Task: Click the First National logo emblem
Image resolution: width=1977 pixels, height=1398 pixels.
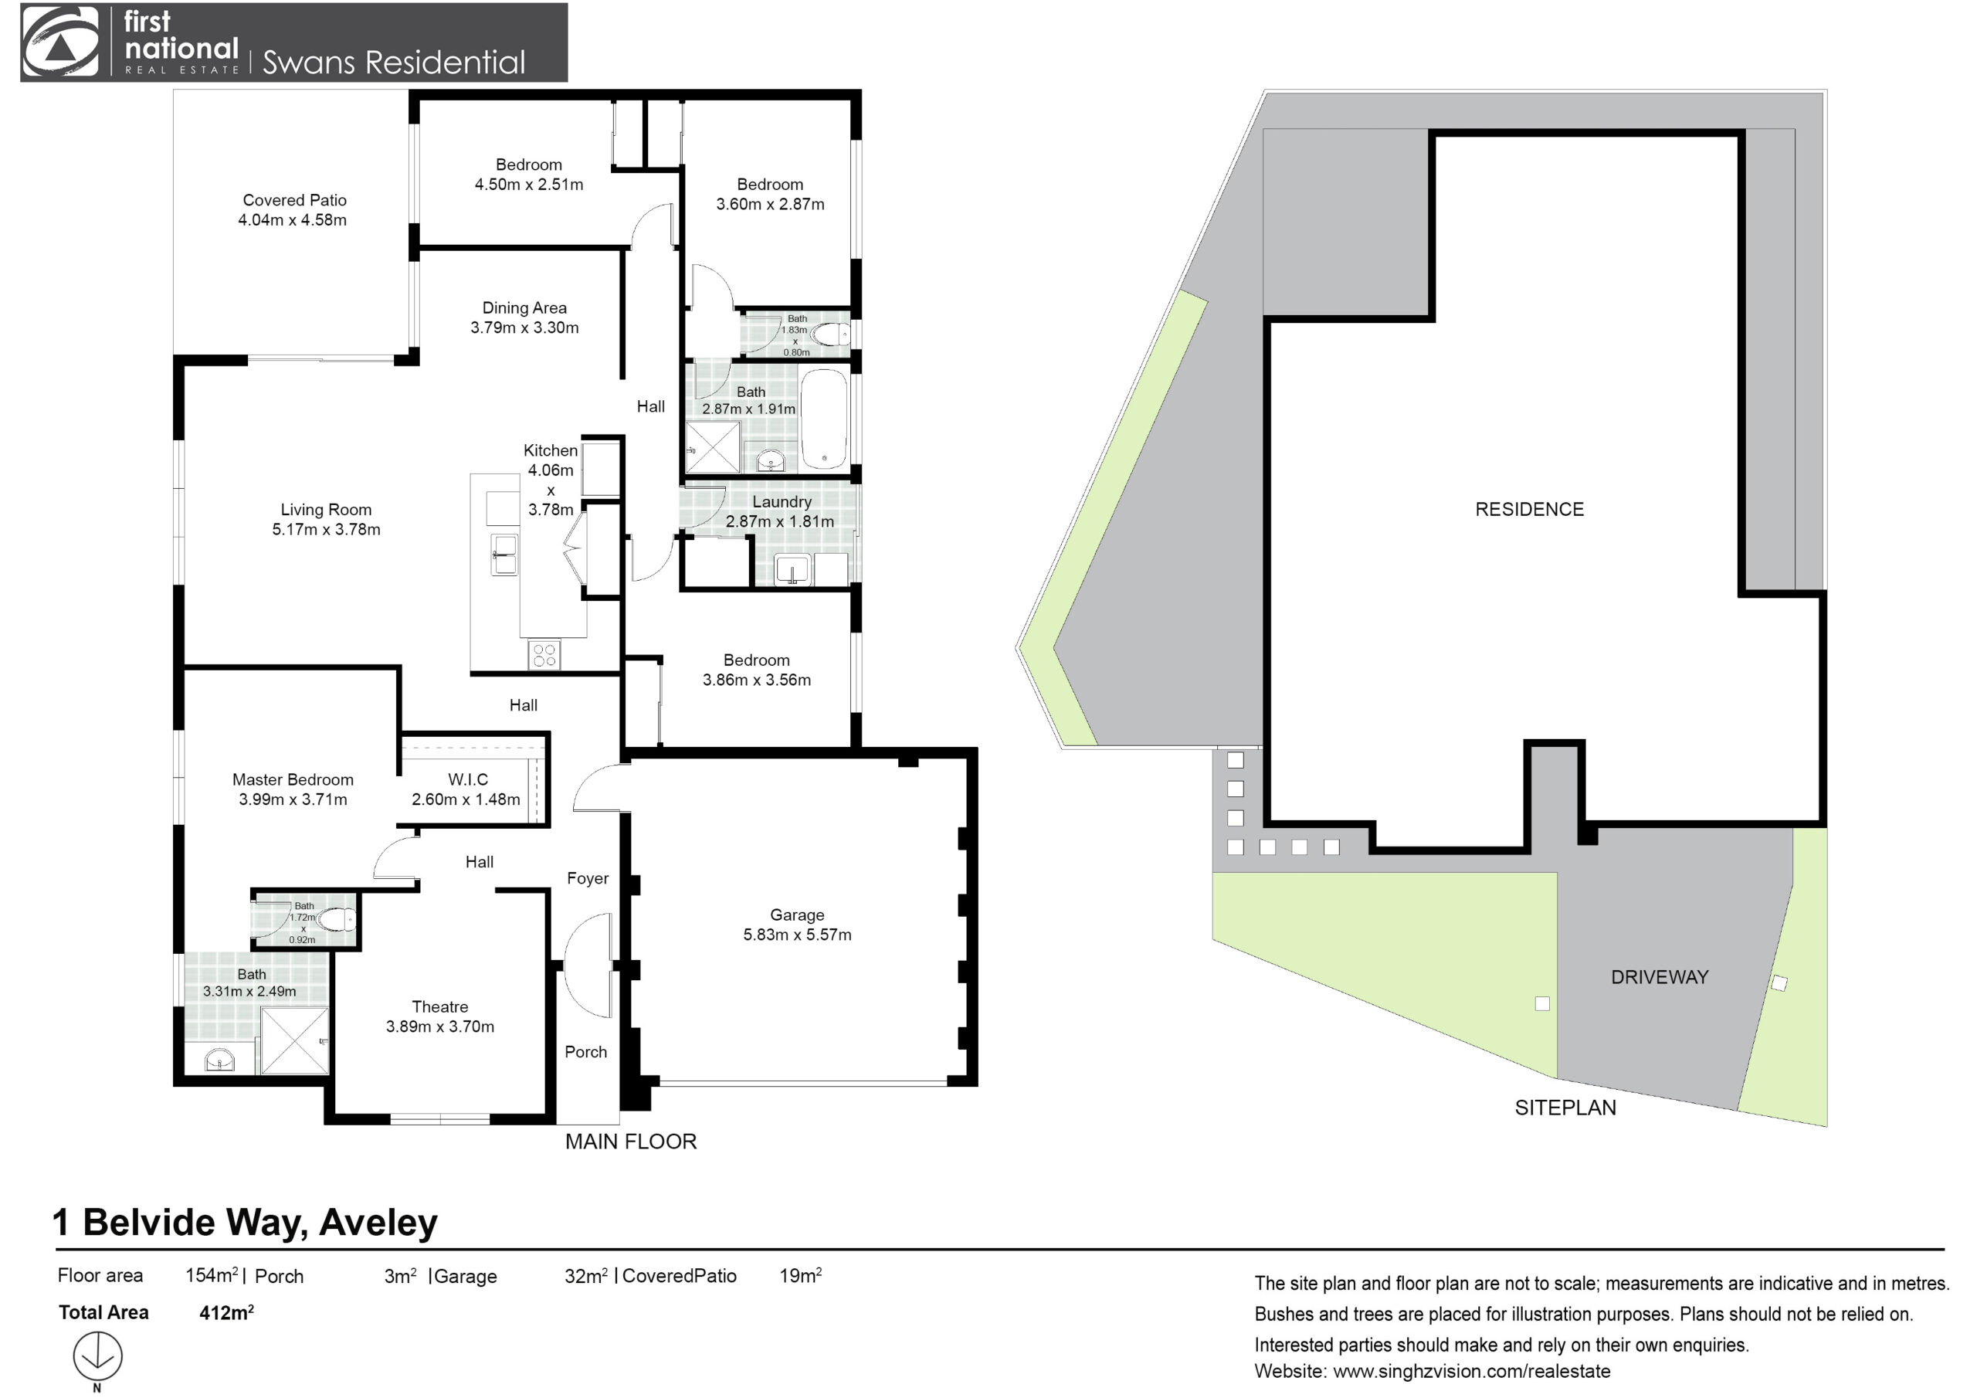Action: click(x=60, y=42)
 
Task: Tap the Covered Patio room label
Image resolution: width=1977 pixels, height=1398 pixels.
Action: click(x=294, y=200)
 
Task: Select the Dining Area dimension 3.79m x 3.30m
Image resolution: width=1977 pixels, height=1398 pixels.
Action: click(x=524, y=327)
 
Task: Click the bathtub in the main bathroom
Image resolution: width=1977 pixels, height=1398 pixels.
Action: click(x=824, y=419)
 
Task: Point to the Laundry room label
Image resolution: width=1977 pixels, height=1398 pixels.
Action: click(x=782, y=501)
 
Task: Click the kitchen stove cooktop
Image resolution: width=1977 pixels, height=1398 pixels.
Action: click(x=544, y=655)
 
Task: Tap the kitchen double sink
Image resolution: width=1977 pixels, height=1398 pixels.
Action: click(x=504, y=554)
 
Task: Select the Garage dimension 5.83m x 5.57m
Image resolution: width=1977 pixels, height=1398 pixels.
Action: click(x=797, y=935)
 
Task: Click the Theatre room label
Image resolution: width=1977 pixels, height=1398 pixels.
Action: click(x=440, y=1006)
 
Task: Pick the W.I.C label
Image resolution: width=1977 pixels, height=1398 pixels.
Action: click(x=467, y=779)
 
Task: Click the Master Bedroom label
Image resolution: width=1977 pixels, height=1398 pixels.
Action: click(x=293, y=779)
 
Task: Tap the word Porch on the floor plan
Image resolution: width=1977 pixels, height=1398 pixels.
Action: click(x=585, y=1052)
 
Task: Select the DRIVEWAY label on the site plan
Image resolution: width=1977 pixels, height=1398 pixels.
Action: click(x=1660, y=977)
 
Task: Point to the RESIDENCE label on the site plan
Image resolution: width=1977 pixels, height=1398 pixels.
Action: click(x=1529, y=509)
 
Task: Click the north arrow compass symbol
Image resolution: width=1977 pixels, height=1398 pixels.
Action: click(x=97, y=1356)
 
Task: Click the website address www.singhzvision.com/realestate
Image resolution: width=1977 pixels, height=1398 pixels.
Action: click(x=1472, y=1370)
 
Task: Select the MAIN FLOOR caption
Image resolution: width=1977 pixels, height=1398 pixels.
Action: click(x=630, y=1142)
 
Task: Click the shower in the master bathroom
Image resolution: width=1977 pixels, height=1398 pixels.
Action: click(x=294, y=1040)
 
